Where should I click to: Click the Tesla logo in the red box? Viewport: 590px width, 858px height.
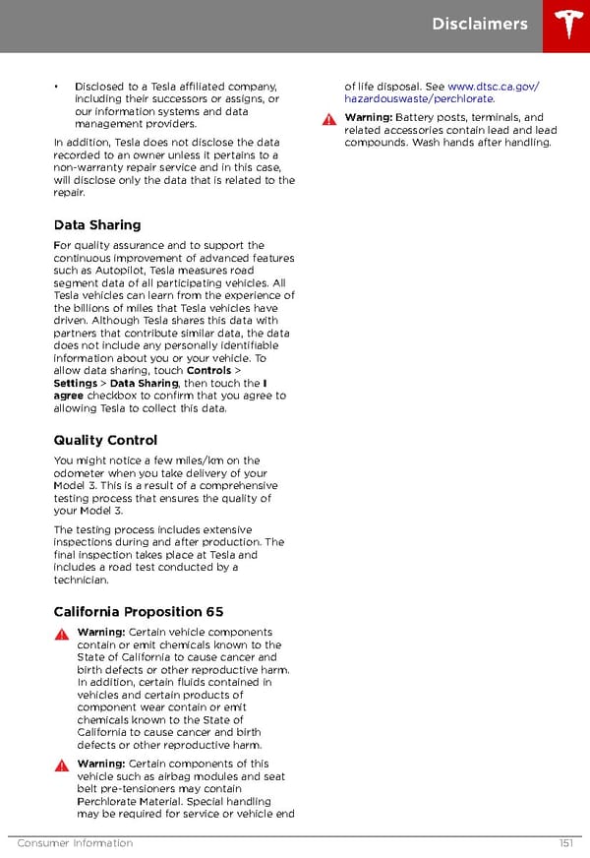[566, 26]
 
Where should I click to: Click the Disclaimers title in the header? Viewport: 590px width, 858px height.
[479, 25]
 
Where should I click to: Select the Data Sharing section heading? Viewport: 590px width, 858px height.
[97, 225]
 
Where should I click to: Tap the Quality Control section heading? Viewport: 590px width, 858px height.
[105, 440]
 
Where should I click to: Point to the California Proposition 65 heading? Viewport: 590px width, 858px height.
[139, 612]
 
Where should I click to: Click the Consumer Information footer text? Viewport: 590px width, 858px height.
[75, 843]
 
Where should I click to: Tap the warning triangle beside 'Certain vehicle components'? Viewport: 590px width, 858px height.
[61, 634]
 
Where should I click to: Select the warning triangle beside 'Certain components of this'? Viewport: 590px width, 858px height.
[61, 765]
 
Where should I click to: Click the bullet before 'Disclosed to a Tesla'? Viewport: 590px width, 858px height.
[57, 87]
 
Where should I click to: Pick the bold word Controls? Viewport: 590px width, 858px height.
[208, 371]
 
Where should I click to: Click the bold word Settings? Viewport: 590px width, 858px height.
[75, 384]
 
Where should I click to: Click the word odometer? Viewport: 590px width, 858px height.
[80, 473]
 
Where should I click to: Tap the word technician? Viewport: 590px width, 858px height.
[81, 581]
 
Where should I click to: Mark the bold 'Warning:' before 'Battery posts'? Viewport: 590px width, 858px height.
[368, 118]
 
